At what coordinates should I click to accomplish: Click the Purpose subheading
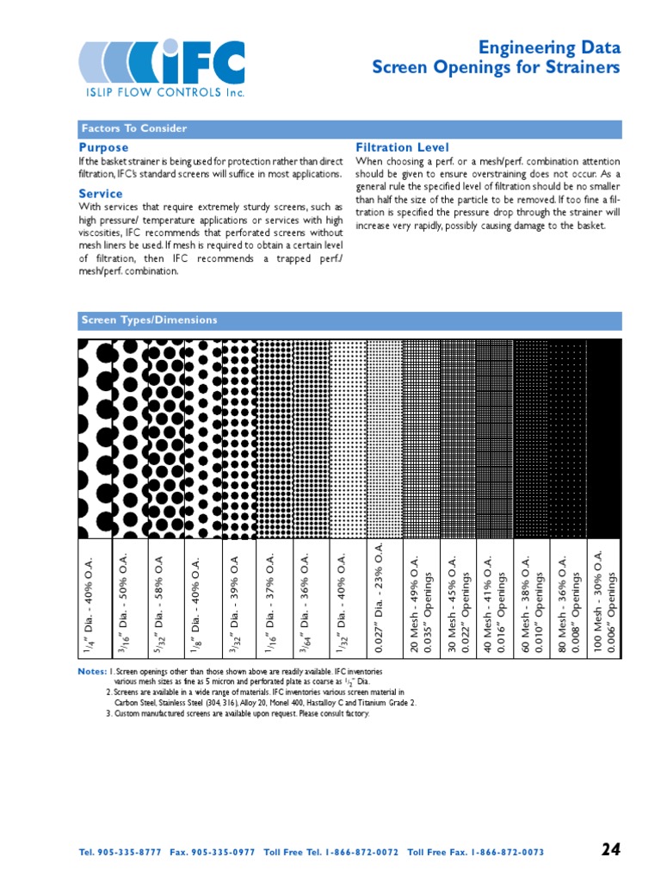[x=103, y=148]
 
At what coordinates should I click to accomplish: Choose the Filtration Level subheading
[x=402, y=148]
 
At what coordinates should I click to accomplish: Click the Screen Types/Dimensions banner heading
[x=149, y=320]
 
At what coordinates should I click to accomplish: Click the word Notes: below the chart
[x=92, y=671]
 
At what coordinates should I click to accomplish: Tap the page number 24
[x=610, y=849]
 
